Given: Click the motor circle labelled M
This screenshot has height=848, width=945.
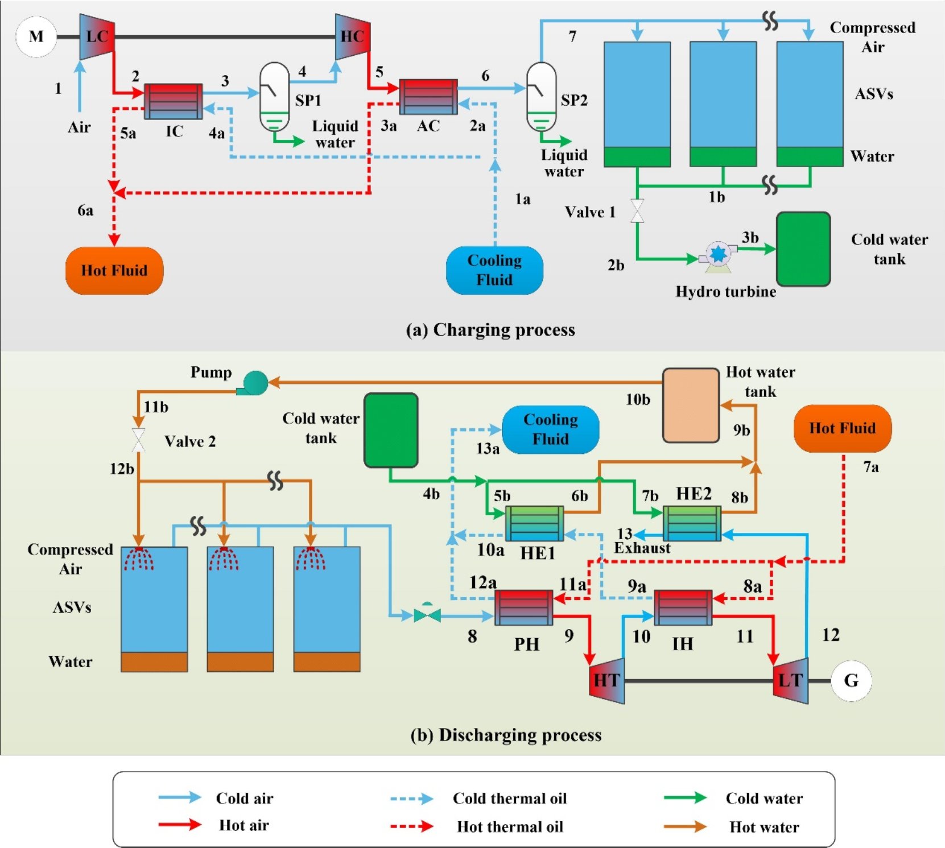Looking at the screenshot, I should tap(36, 37).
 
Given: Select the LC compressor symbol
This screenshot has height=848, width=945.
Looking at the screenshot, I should tap(97, 37).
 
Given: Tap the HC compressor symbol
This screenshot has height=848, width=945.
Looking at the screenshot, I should tap(353, 37).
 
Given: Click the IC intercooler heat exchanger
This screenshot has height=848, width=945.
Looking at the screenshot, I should tap(173, 101).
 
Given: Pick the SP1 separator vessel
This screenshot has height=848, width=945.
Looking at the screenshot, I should tap(274, 96).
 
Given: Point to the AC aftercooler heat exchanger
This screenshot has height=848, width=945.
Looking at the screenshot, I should tap(428, 97).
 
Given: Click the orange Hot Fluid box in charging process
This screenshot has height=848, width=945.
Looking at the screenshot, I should tap(114, 271).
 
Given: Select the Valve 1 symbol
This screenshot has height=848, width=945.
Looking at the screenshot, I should tap(637, 211).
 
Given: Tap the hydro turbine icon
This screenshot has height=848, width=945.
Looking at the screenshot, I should tap(717, 254).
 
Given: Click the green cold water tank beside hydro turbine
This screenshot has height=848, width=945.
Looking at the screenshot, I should tap(803, 249).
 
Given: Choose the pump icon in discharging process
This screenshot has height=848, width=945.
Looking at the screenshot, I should tap(254, 383).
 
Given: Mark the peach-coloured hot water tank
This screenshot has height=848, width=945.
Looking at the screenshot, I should tap(691, 405).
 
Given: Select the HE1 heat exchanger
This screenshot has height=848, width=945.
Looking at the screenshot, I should tap(534, 523).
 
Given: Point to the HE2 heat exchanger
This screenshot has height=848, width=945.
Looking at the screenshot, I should tap(692, 523).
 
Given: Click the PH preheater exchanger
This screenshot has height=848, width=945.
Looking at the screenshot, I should tap(523, 607).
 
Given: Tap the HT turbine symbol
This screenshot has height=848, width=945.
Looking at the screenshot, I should tap(607, 680).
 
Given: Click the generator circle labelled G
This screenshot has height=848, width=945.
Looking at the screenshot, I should tap(851, 680).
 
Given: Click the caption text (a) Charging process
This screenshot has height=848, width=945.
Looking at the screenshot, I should tap(490, 330).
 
